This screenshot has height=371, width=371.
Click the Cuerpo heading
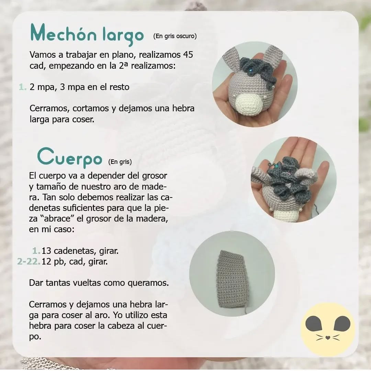click(70, 157)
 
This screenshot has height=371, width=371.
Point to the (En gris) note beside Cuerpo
click(120, 161)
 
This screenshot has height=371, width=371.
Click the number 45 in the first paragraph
click(191, 55)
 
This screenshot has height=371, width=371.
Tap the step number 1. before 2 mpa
click(22, 87)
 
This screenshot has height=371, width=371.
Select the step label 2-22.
click(29, 262)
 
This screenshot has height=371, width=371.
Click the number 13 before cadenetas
click(46, 251)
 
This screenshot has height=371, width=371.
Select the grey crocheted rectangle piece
click(233, 278)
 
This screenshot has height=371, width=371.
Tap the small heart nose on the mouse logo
click(328, 338)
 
